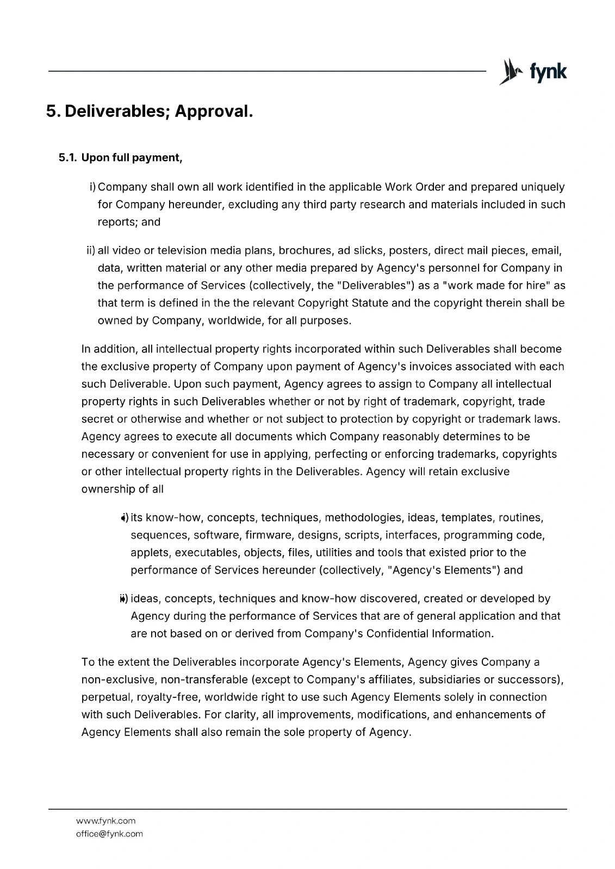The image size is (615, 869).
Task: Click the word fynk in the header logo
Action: click(x=548, y=71)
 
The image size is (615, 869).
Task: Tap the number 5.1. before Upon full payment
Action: click(x=69, y=158)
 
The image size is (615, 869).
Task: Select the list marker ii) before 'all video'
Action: click(x=91, y=250)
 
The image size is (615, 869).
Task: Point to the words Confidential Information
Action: click(x=429, y=633)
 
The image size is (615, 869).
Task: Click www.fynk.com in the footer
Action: click(x=105, y=821)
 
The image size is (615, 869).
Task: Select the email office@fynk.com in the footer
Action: click(x=109, y=834)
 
